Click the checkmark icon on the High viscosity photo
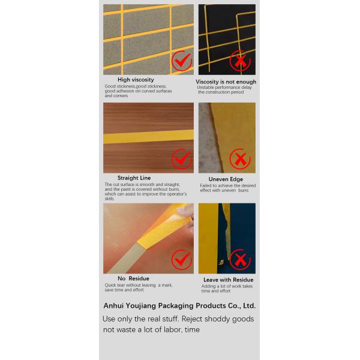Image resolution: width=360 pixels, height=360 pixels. pyautogui.click(x=181, y=61)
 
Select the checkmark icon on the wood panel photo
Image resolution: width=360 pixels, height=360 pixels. pyautogui.click(x=181, y=160)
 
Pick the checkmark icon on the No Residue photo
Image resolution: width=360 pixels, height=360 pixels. pyautogui.click(x=181, y=260)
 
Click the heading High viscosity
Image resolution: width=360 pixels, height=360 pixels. pyautogui.click(x=136, y=80)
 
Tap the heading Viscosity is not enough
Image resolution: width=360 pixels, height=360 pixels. pyautogui.click(x=226, y=82)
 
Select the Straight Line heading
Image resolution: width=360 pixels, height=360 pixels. pyautogui.click(x=134, y=178)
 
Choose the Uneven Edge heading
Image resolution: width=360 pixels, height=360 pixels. pyautogui.click(x=226, y=179)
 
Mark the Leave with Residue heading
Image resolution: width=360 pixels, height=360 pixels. pyautogui.click(x=228, y=280)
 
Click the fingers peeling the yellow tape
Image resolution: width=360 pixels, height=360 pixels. pyautogui.click(x=188, y=214)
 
